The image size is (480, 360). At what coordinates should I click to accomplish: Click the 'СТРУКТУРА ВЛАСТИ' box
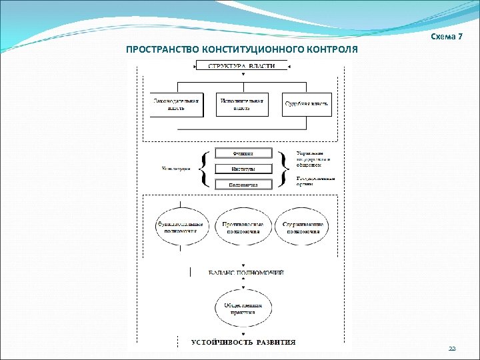click(x=242, y=65)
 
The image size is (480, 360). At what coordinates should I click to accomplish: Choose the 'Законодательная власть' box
click(x=176, y=104)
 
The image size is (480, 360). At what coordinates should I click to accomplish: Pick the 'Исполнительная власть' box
click(x=242, y=104)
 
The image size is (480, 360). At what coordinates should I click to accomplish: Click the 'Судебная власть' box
click(x=307, y=104)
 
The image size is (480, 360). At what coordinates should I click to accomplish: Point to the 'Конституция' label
click(x=176, y=169)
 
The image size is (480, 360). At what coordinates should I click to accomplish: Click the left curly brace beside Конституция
click(x=204, y=169)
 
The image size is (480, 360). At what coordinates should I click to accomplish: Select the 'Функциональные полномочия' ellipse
click(x=181, y=227)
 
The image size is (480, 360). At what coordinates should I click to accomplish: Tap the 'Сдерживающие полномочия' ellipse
click(x=304, y=227)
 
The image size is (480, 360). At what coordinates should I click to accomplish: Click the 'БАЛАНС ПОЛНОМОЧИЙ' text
click(x=246, y=273)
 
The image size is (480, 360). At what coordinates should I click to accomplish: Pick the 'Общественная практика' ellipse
click(x=243, y=308)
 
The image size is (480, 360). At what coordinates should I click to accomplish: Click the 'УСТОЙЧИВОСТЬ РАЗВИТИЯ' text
click(x=243, y=342)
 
